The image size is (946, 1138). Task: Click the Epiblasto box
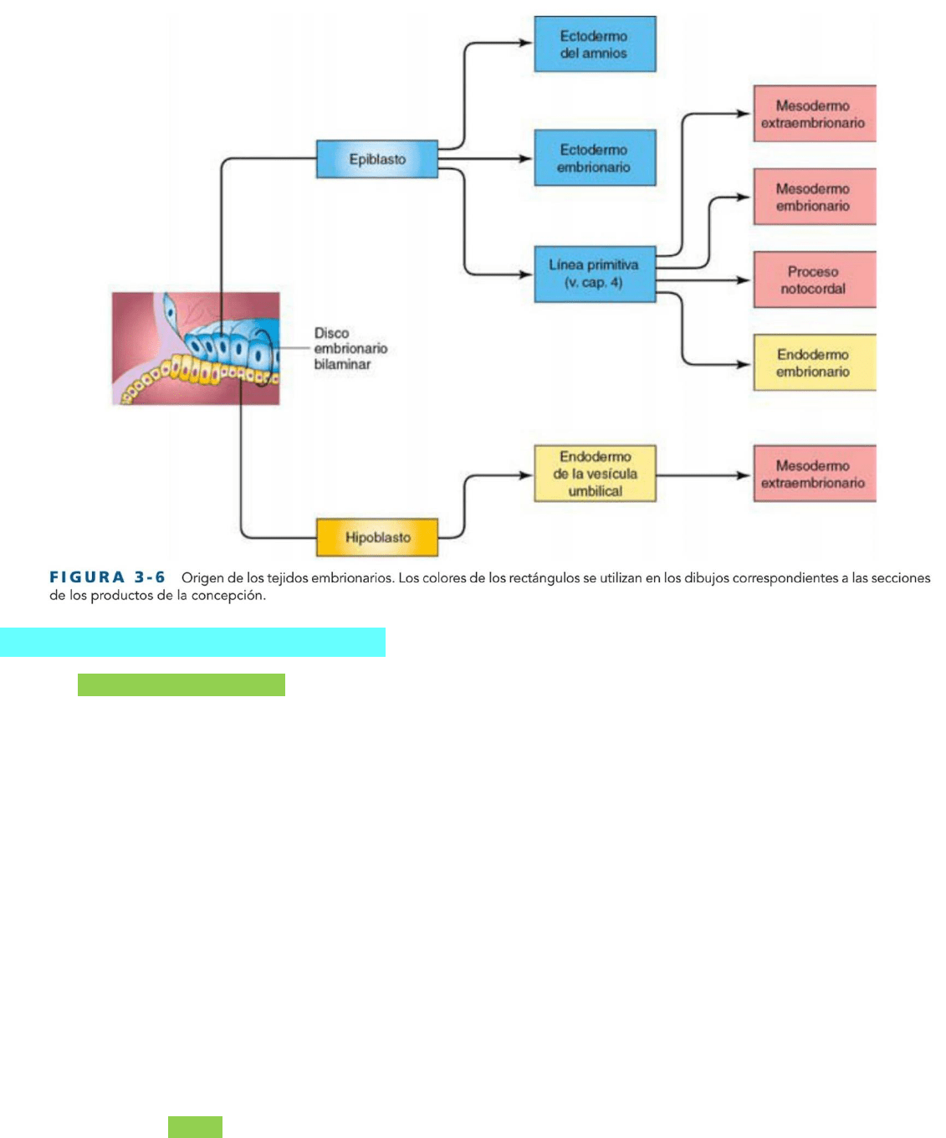377,159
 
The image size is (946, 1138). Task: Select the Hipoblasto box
377,537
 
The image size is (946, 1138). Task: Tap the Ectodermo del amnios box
595,44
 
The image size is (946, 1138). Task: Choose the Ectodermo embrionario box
595,158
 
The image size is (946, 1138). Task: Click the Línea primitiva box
595,274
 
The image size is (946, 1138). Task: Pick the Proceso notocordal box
815,279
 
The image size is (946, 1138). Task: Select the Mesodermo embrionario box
815,197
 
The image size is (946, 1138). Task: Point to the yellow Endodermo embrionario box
815,362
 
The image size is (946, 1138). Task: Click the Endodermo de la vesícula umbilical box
595,474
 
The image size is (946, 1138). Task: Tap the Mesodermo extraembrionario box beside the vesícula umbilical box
815,474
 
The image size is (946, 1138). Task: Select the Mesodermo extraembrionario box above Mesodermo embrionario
815,113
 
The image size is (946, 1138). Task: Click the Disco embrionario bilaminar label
350,349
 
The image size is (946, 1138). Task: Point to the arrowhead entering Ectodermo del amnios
526,43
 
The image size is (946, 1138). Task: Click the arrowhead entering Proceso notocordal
744,280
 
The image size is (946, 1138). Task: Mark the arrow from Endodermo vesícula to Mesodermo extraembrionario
703,475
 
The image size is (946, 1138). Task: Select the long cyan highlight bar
193,642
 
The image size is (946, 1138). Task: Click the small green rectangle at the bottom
195,1127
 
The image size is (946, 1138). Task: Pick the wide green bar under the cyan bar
182,685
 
